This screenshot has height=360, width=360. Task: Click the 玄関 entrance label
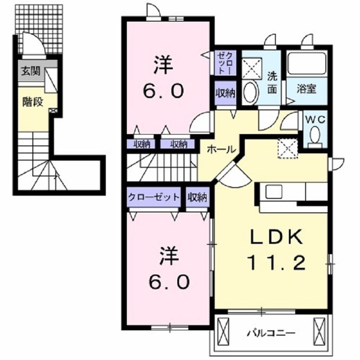click(30, 71)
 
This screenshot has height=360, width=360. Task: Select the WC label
click(315, 119)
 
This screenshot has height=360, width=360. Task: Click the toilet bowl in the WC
click(315, 134)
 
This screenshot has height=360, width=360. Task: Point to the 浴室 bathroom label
click(307, 89)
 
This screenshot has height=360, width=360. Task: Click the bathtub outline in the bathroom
click(307, 65)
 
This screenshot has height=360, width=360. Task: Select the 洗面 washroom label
click(272, 83)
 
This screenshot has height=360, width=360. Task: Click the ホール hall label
click(221, 150)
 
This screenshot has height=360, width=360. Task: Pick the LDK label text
click(276, 237)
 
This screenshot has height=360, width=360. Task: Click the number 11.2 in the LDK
click(276, 263)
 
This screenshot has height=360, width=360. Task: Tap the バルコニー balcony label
click(271, 332)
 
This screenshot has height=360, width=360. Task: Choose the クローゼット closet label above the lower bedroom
click(154, 197)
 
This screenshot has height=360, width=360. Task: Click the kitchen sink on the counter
click(274, 192)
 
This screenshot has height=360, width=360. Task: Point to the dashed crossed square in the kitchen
click(288, 148)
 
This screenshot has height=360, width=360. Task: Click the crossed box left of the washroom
click(252, 68)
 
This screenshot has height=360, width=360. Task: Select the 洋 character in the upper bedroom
click(163, 65)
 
